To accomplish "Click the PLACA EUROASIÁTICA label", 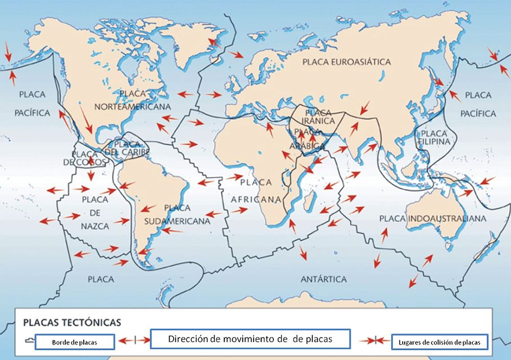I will pyautogui.click(x=346, y=62).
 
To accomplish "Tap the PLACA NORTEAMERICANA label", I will pyautogui.click(x=132, y=100).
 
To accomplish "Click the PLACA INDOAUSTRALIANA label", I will pyautogui.click(x=432, y=219).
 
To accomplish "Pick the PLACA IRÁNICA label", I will pyautogui.click(x=318, y=117).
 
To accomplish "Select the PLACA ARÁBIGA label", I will pyautogui.click(x=310, y=139).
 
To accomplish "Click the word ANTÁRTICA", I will pyautogui.click(x=323, y=279).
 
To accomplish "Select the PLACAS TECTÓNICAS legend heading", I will pyautogui.click(x=72, y=323).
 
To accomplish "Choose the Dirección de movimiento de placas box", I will pyautogui.click(x=250, y=339).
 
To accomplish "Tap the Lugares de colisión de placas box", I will pyautogui.click(x=439, y=342).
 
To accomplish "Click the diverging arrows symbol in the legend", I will pyautogui.click(x=133, y=340).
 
